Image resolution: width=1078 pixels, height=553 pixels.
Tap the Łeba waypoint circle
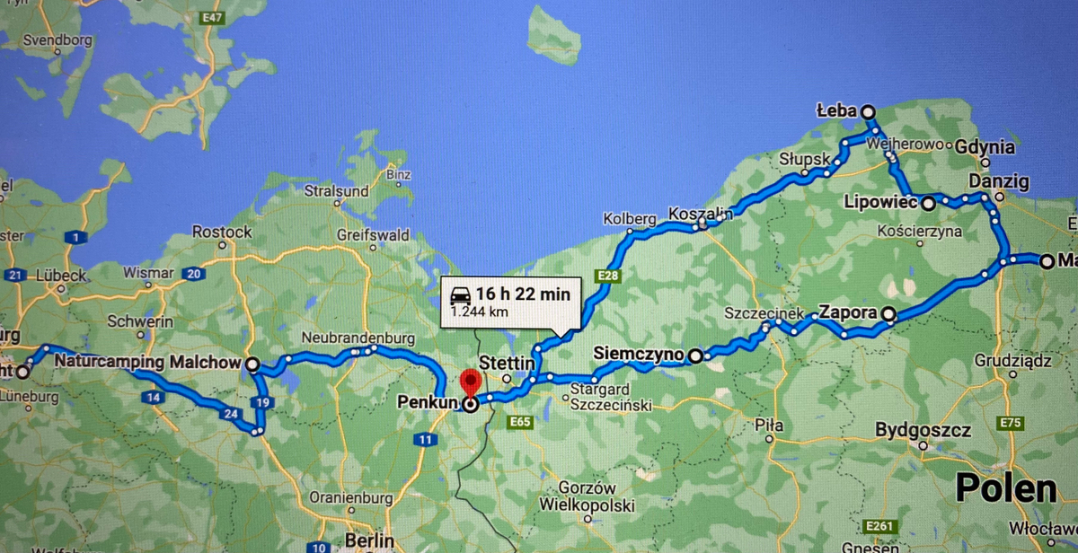point(868,111)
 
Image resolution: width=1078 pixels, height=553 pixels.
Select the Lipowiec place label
point(879,204)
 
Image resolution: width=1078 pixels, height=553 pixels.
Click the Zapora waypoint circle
point(888,314)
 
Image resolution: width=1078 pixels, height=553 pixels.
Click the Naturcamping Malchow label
point(146,363)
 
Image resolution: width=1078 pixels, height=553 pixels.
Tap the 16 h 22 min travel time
point(523,294)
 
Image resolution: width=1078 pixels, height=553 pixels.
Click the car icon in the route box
point(460,294)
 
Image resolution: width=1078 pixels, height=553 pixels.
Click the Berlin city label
point(369,540)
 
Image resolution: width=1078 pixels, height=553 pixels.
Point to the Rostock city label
point(222,233)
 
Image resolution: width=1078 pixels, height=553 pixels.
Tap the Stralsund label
point(336,191)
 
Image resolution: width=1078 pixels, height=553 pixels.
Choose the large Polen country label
point(1005,487)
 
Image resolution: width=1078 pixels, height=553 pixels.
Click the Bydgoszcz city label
point(923,430)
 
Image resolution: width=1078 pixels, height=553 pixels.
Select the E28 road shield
point(608,276)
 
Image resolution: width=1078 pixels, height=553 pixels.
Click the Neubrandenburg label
point(358,338)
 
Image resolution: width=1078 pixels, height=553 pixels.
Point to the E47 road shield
point(213,18)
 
